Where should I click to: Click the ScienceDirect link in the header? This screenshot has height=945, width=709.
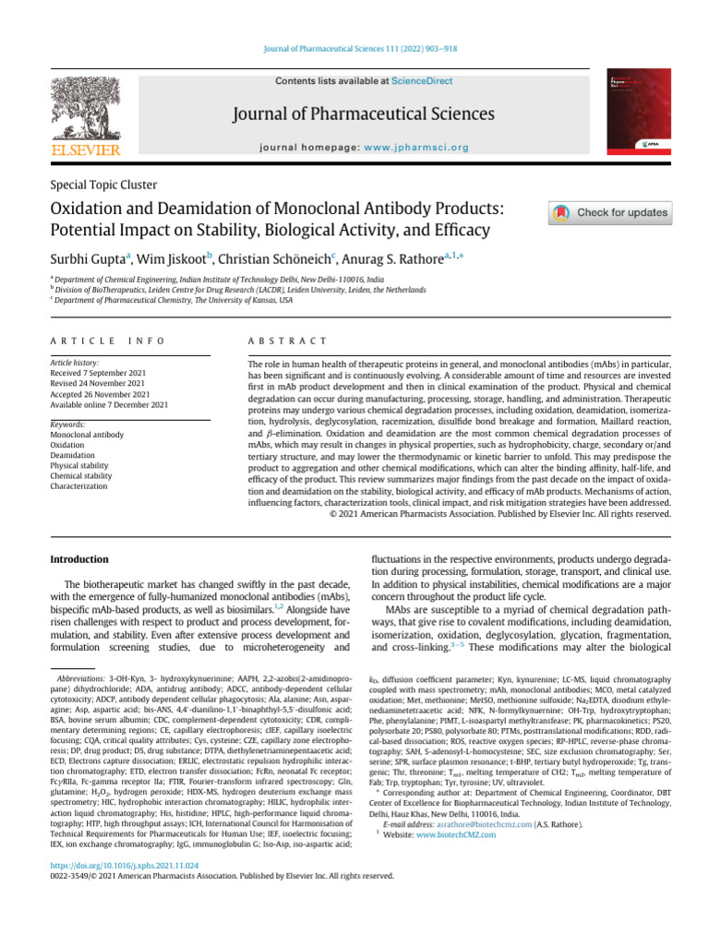coord(422,81)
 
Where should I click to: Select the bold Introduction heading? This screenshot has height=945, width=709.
coord(78,559)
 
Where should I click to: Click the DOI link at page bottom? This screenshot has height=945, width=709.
coord(124,866)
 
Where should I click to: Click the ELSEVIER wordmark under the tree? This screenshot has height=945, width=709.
coord(85,150)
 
